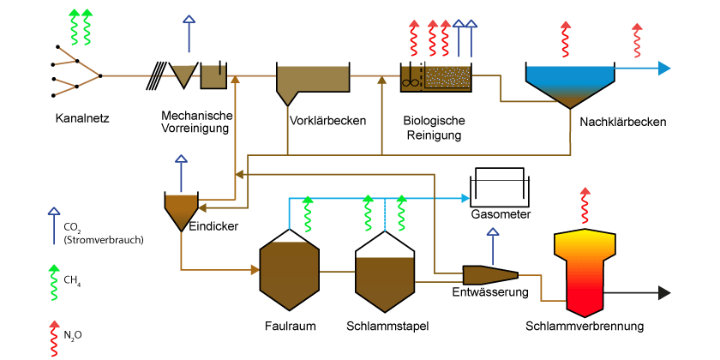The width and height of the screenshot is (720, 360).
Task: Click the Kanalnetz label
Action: pyautogui.click(x=82, y=119)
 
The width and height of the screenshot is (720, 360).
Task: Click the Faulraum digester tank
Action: pyautogui.click(x=290, y=269)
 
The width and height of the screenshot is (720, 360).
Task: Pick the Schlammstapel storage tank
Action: pyautogui.click(x=386, y=272)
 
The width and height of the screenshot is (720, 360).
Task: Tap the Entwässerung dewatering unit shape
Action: pyautogui.click(x=490, y=274)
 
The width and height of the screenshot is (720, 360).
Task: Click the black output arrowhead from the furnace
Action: pyautogui.click(x=664, y=292)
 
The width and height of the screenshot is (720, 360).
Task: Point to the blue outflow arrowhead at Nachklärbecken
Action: pyautogui.click(x=664, y=69)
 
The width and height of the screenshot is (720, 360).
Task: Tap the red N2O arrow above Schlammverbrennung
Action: pyautogui.click(x=585, y=206)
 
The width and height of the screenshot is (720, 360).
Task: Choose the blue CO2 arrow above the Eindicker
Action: pyautogui.click(x=182, y=173)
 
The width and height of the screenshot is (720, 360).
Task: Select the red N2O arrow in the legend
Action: pyautogui.click(x=55, y=339)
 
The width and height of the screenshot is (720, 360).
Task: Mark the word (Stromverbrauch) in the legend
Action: pyautogui.click(x=104, y=239)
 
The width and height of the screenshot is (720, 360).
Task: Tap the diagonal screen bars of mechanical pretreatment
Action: pyautogui.click(x=157, y=75)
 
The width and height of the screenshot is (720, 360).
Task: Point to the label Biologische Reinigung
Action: pyautogui.click(x=434, y=128)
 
